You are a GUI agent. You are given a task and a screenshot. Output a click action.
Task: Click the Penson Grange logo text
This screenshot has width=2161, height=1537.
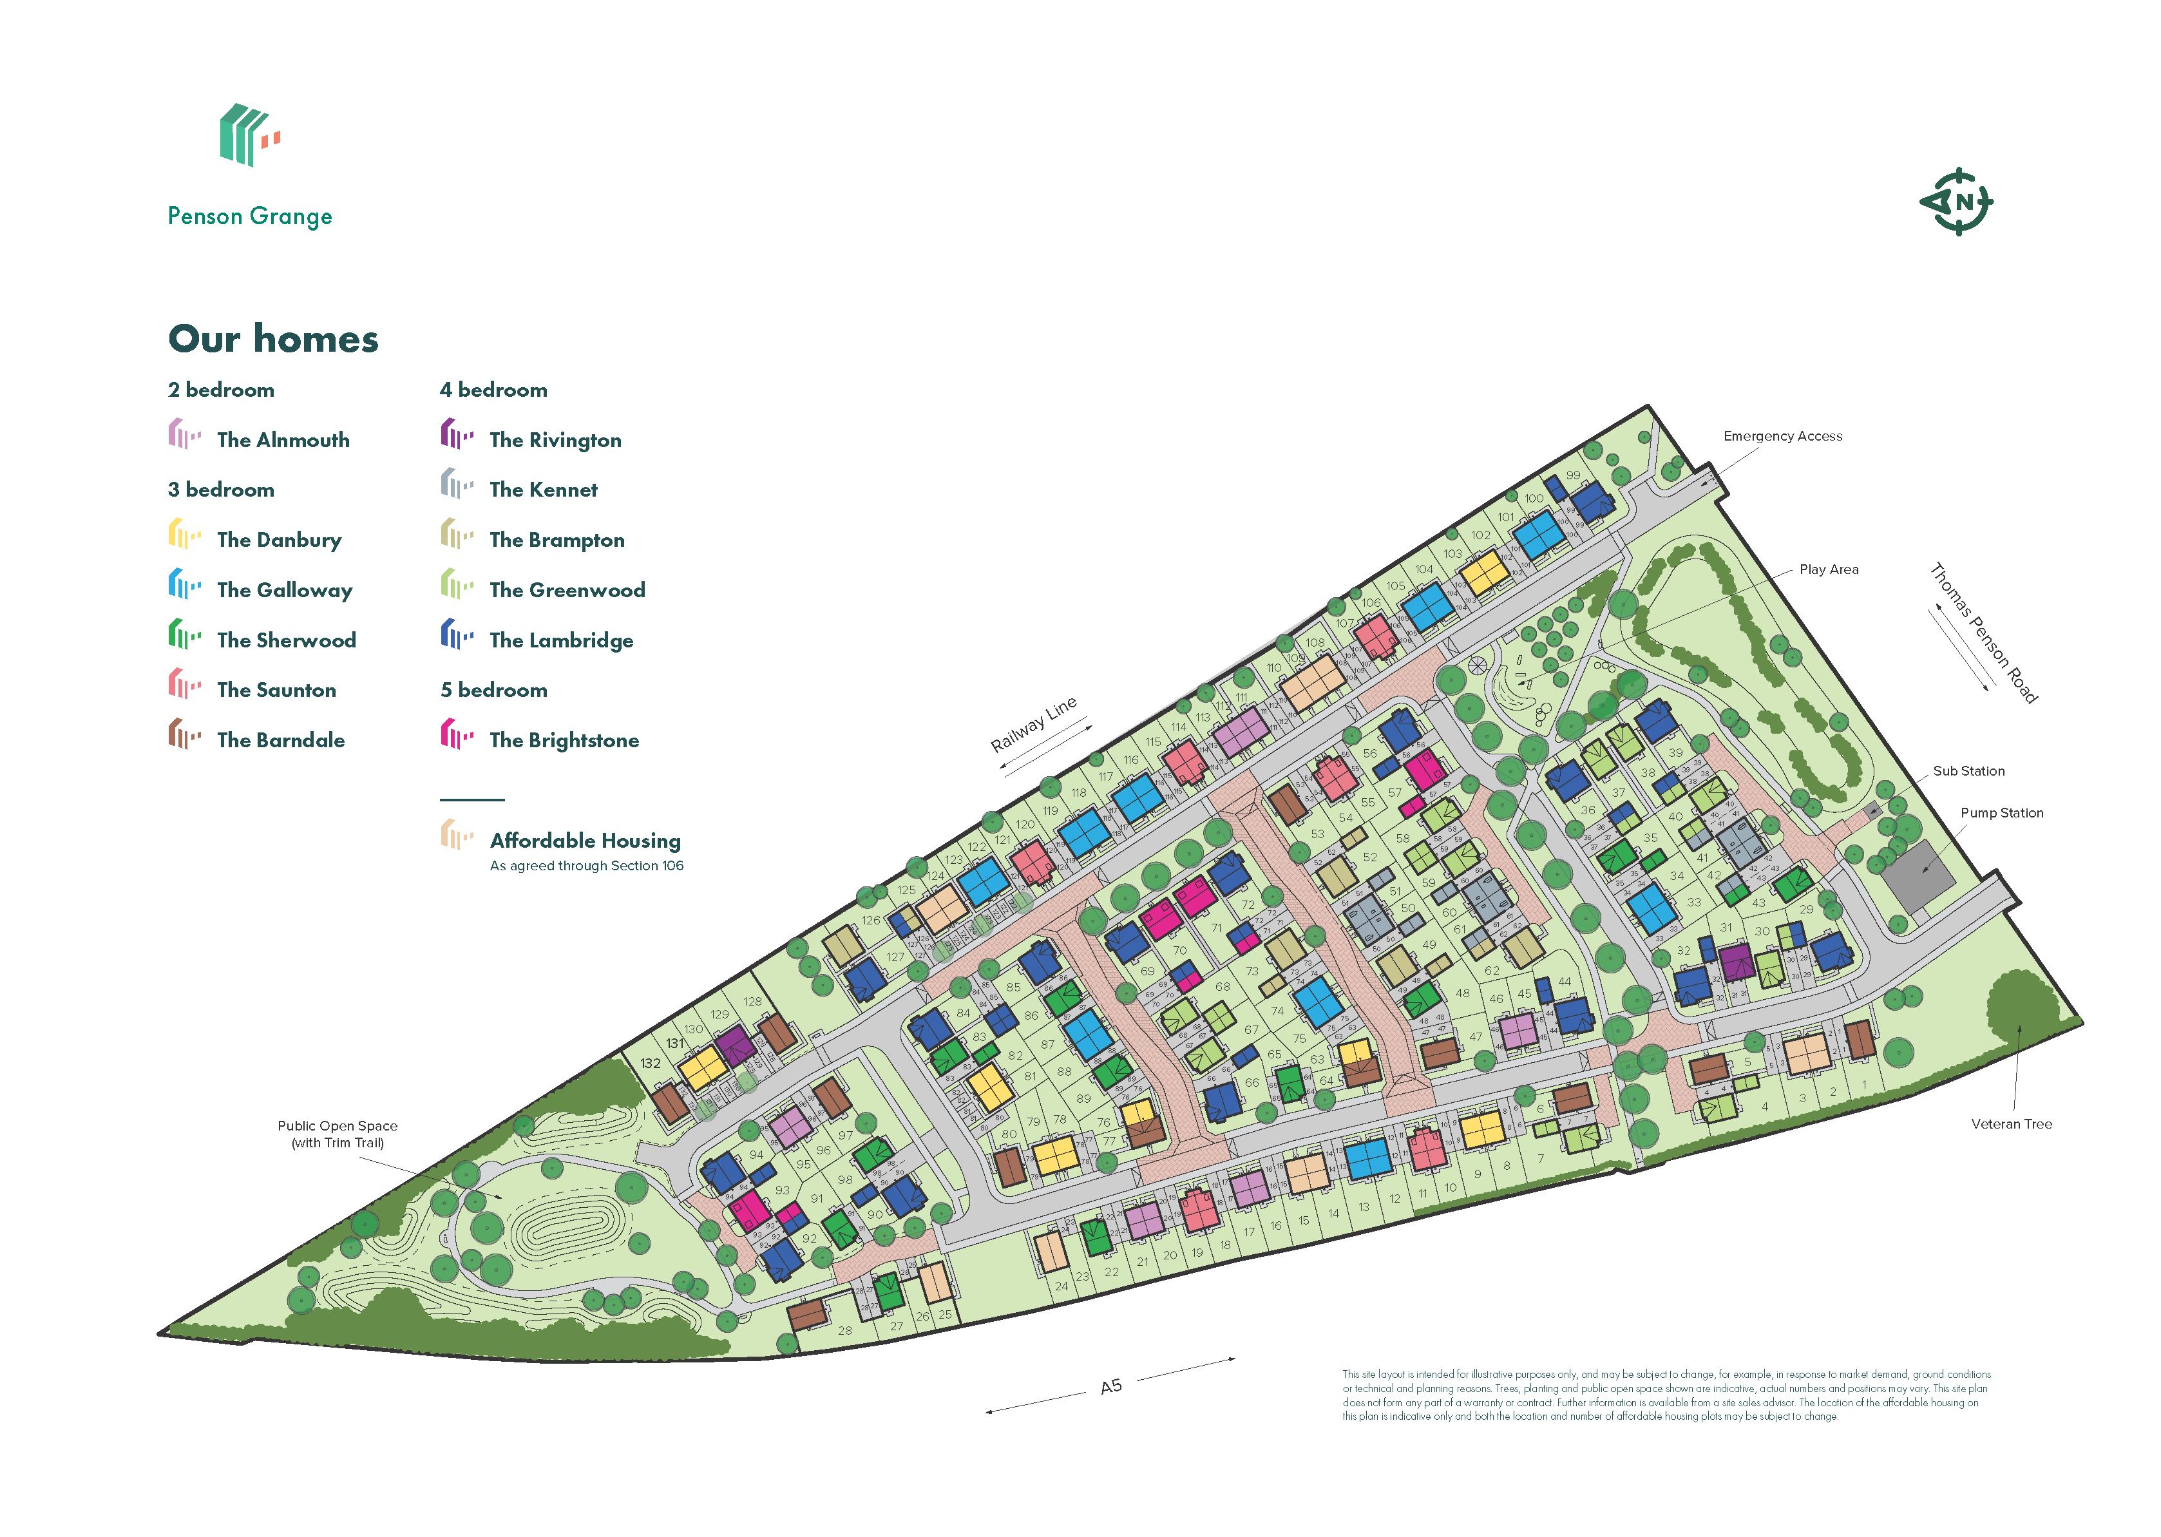tap(250, 216)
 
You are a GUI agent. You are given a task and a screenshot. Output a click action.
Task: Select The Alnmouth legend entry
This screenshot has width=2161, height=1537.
tap(283, 440)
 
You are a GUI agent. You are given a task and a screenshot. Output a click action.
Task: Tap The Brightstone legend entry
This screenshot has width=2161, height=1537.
tap(564, 740)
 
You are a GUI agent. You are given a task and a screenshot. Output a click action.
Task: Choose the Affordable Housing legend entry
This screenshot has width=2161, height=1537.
tap(585, 841)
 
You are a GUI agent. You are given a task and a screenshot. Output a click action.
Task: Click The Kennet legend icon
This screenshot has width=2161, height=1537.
tap(456, 486)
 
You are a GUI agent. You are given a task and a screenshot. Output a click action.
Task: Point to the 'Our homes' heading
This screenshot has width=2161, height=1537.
tap(274, 339)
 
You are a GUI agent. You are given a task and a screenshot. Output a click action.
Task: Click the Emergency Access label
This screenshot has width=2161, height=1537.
tap(1782, 436)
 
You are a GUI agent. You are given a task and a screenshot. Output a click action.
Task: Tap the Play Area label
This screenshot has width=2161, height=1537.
tap(1828, 569)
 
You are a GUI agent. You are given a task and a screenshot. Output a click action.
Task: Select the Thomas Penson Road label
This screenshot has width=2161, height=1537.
tap(1983, 632)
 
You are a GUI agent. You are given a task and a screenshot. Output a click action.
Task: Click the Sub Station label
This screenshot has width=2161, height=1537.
tap(1968, 771)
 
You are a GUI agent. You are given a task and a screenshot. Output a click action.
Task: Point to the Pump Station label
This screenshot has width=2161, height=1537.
tap(2001, 813)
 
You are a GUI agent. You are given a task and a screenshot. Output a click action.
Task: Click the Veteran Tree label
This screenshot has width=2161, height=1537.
tap(2010, 1124)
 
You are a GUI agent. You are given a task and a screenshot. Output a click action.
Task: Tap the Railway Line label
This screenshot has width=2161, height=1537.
tap(1033, 724)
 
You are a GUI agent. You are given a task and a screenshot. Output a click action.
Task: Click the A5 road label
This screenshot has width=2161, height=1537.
tap(1111, 1386)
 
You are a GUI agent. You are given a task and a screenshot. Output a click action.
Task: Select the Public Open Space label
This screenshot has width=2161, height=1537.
tap(337, 1126)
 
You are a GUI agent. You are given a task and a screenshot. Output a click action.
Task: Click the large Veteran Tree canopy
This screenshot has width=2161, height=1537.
tap(2022, 1005)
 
